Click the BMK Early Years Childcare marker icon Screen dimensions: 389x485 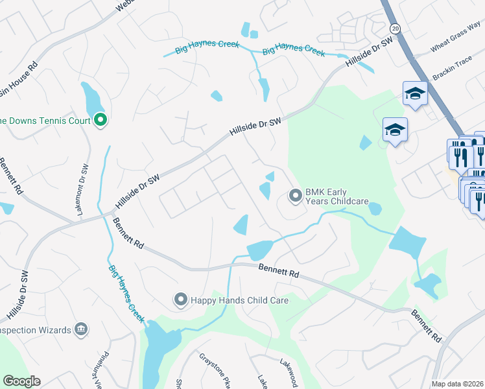click(x=296, y=195)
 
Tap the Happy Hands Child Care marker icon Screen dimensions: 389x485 click(x=180, y=299)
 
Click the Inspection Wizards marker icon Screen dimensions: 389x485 click(x=81, y=329)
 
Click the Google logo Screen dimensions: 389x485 click(x=21, y=381)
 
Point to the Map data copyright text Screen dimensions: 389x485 click(x=457, y=384)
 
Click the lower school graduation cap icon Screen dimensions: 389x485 click(x=394, y=130)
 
